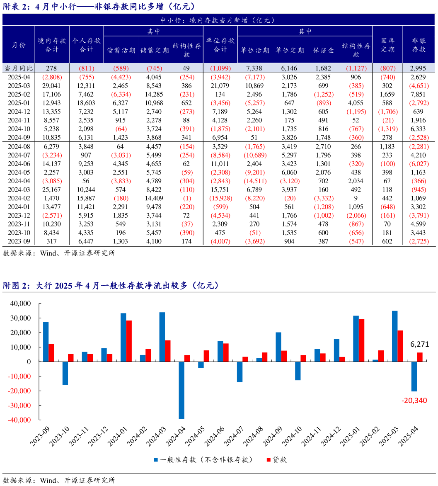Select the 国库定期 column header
(x=387, y=45)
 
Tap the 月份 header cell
(x=18, y=45)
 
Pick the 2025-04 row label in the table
(x=18, y=77)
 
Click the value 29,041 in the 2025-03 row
(x=52, y=85)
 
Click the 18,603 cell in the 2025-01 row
(x=86, y=102)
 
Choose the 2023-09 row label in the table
(x=18, y=241)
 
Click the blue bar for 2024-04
(x=181, y=390)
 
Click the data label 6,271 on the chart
(x=419, y=344)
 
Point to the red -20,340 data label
(x=414, y=401)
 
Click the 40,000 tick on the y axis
(x=21, y=304)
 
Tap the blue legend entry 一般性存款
(x=203, y=459)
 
